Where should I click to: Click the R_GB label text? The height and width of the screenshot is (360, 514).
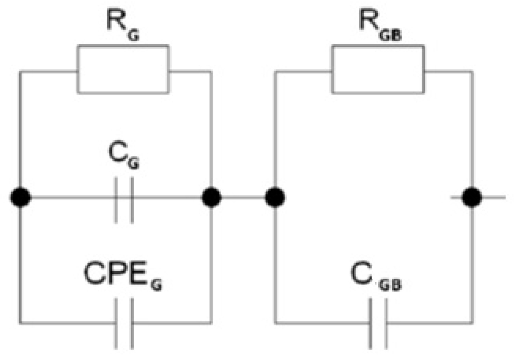379,25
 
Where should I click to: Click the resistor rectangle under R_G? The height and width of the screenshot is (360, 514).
123,69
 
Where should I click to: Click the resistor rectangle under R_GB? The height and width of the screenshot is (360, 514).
378,69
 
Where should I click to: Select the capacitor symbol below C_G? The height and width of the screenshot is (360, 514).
124,200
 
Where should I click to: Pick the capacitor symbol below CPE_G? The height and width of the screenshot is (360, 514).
124,323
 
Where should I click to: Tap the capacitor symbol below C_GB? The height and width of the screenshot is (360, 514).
378,323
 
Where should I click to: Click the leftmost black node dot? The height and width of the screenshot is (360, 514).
20,198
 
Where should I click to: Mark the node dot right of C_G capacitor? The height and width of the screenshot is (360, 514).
211,198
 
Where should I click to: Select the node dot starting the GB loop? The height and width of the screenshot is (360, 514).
274,198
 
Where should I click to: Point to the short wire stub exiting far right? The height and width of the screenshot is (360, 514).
495,198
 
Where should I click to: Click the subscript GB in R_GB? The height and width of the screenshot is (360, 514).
390,35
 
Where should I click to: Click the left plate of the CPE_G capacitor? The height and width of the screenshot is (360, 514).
116,323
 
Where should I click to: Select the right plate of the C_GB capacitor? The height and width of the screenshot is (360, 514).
386,323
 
